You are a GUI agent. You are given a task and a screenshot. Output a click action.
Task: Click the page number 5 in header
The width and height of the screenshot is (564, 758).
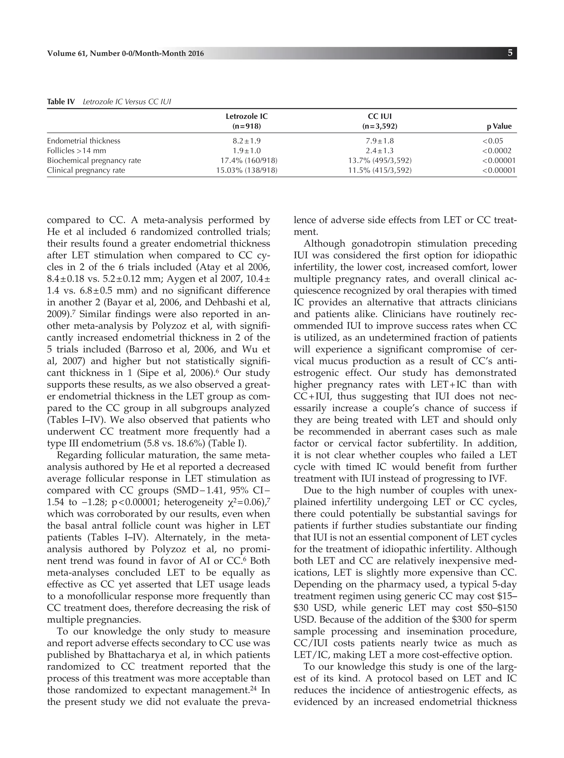510,53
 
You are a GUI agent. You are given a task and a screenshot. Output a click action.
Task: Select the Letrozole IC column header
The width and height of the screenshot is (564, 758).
246,117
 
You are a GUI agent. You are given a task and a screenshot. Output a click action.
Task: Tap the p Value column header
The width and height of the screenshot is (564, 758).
499,126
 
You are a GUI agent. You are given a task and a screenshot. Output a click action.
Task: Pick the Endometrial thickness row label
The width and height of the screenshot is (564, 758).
84,141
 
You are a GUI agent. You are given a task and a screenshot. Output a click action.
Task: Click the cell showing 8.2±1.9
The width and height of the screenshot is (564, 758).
246,141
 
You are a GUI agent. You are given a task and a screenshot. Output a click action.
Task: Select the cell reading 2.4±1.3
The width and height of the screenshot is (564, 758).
380,151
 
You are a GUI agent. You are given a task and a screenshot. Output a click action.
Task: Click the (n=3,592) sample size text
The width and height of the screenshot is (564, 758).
380,126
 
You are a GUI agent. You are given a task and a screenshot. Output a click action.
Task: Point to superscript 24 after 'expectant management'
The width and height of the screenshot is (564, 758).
253,687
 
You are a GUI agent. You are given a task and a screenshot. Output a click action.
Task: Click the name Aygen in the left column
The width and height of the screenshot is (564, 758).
179,279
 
